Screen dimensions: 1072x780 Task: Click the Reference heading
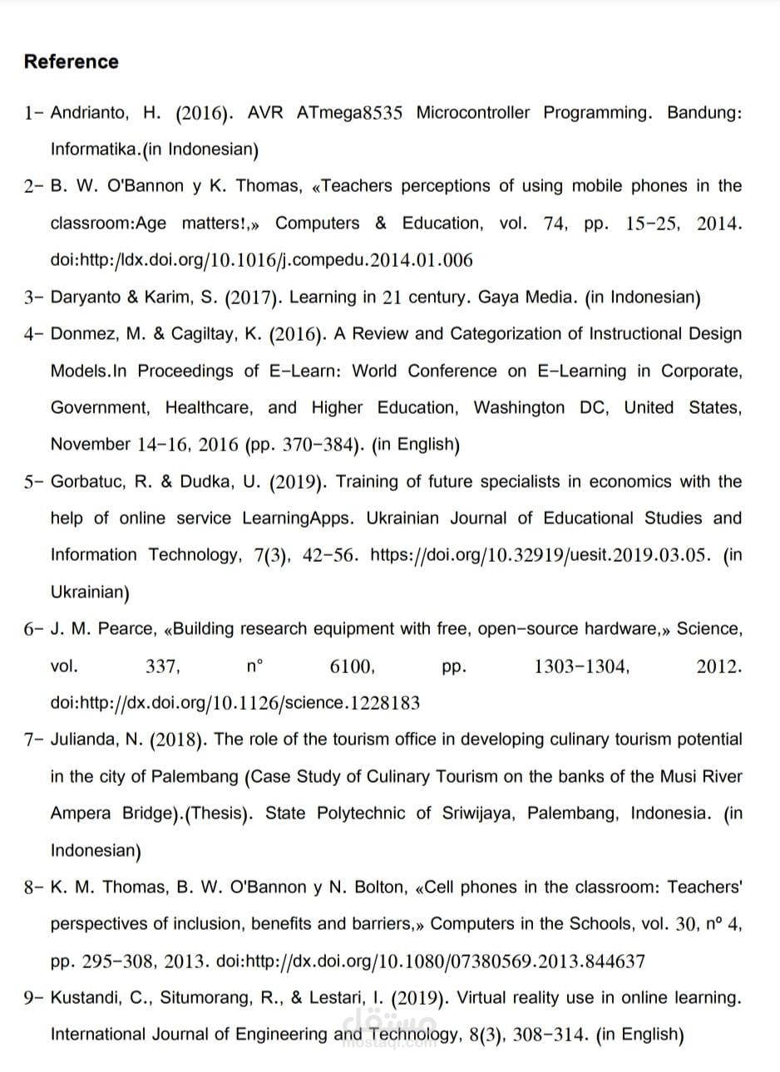click(71, 62)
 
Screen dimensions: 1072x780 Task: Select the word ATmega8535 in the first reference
click(348, 113)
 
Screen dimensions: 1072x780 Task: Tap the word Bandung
click(703, 113)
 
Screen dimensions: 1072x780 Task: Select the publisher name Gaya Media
click(527, 298)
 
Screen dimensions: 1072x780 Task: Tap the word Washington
click(519, 408)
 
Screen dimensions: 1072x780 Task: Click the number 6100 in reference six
click(352, 666)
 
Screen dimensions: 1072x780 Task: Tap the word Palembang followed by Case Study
click(195, 777)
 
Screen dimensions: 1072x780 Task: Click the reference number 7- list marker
click(34, 740)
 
